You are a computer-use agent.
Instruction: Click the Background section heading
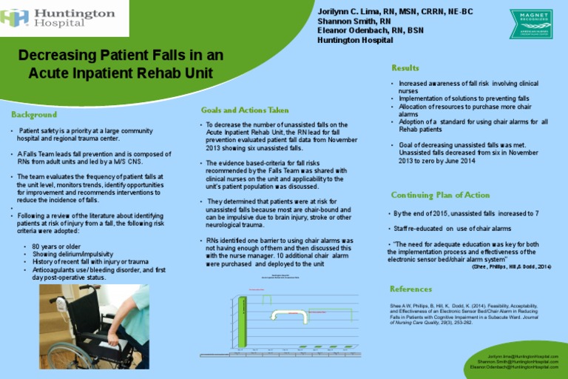coord(34,115)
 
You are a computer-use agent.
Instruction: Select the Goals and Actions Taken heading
coord(245,110)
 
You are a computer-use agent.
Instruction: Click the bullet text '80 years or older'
coord(57,246)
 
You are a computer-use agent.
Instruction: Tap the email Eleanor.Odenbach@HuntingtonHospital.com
coord(515,367)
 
